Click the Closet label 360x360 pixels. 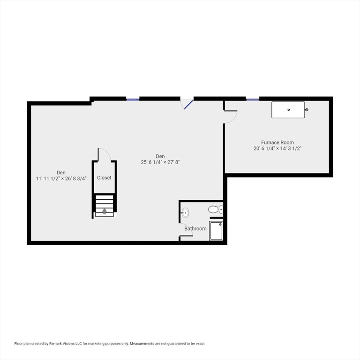pyautogui.click(x=104, y=178)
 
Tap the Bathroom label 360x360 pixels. pyautogui.click(x=195, y=229)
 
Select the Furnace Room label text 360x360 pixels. pyautogui.click(x=277, y=142)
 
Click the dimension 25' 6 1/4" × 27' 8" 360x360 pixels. pyautogui.click(x=160, y=162)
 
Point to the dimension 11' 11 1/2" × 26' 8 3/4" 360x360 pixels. pyautogui.click(x=61, y=179)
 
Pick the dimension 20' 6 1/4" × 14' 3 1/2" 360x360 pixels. pyautogui.click(x=277, y=148)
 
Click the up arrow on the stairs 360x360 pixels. pyautogui.click(x=105, y=211)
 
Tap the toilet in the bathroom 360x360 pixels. pyautogui.click(x=216, y=209)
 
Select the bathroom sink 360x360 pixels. pyautogui.click(x=185, y=213)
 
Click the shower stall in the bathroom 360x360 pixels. pyautogui.click(x=216, y=231)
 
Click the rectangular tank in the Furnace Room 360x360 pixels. pyautogui.click(x=288, y=110)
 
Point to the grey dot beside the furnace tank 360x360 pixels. pyautogui.click(x=307, y=110)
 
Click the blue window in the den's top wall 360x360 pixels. pyautogui.click(x=133, y=100)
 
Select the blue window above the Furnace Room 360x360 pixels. pyautogui.click(x=253, y=100)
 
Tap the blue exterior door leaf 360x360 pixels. pyautogui.click(x=188, y=105)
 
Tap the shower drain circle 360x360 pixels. pyautogui.click(x=220, y=225)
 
